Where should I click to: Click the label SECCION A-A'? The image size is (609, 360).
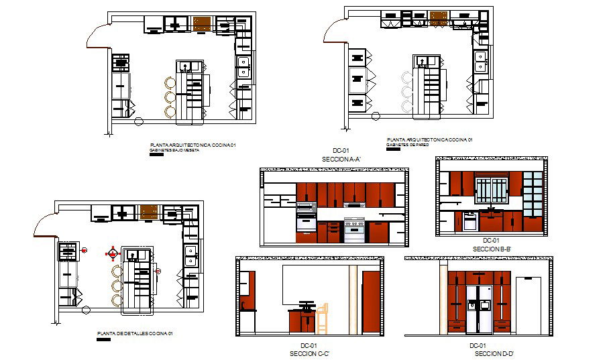point(342,160)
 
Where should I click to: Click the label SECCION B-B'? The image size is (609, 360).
point(492,249)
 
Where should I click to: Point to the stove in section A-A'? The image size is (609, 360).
point(354,229)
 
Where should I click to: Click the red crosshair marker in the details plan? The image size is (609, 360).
point(113,253)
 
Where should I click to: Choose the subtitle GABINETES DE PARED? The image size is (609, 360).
point(407,145)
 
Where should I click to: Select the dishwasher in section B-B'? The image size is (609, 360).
point(469,221)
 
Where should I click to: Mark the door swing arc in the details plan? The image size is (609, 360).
point(44,222)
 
